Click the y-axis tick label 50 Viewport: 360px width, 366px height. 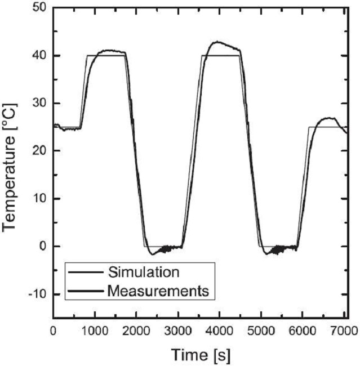(39, 8)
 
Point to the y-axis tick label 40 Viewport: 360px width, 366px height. (39, 56)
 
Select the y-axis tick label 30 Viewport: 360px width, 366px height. (39, 104)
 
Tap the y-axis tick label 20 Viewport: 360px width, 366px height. (39, 151)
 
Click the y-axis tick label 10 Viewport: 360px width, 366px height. (39, 199)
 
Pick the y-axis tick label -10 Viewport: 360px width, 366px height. (37, 294)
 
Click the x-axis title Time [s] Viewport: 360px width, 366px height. (201, 355)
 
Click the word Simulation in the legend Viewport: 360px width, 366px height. (144, 273)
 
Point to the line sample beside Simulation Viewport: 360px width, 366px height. (85, 273)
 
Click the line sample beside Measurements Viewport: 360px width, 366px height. (85, 291)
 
